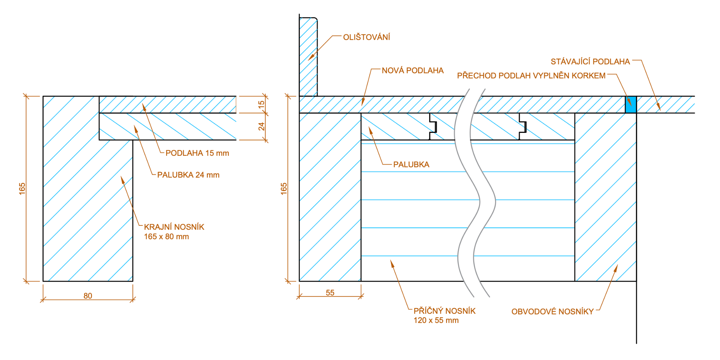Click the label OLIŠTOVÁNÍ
[366, 37]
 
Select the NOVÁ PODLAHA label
[412, 71]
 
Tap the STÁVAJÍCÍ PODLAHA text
[590, 62]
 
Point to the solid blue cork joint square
[631, 104]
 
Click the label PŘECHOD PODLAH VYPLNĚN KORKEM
[531, 76]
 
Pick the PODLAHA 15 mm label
[197, 153]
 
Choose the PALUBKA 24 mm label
[188, 175]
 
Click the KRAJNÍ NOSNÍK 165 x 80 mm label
[174, 232]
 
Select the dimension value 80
[88, 296]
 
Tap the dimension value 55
[330, 293]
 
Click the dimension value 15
[261, 105]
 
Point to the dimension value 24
[261, 126]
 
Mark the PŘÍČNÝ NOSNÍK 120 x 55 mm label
[444, 315]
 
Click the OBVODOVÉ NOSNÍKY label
[552, 312]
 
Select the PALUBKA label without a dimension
[411, 165]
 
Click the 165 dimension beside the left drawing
[22, 189]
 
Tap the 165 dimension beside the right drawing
[284, 189]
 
